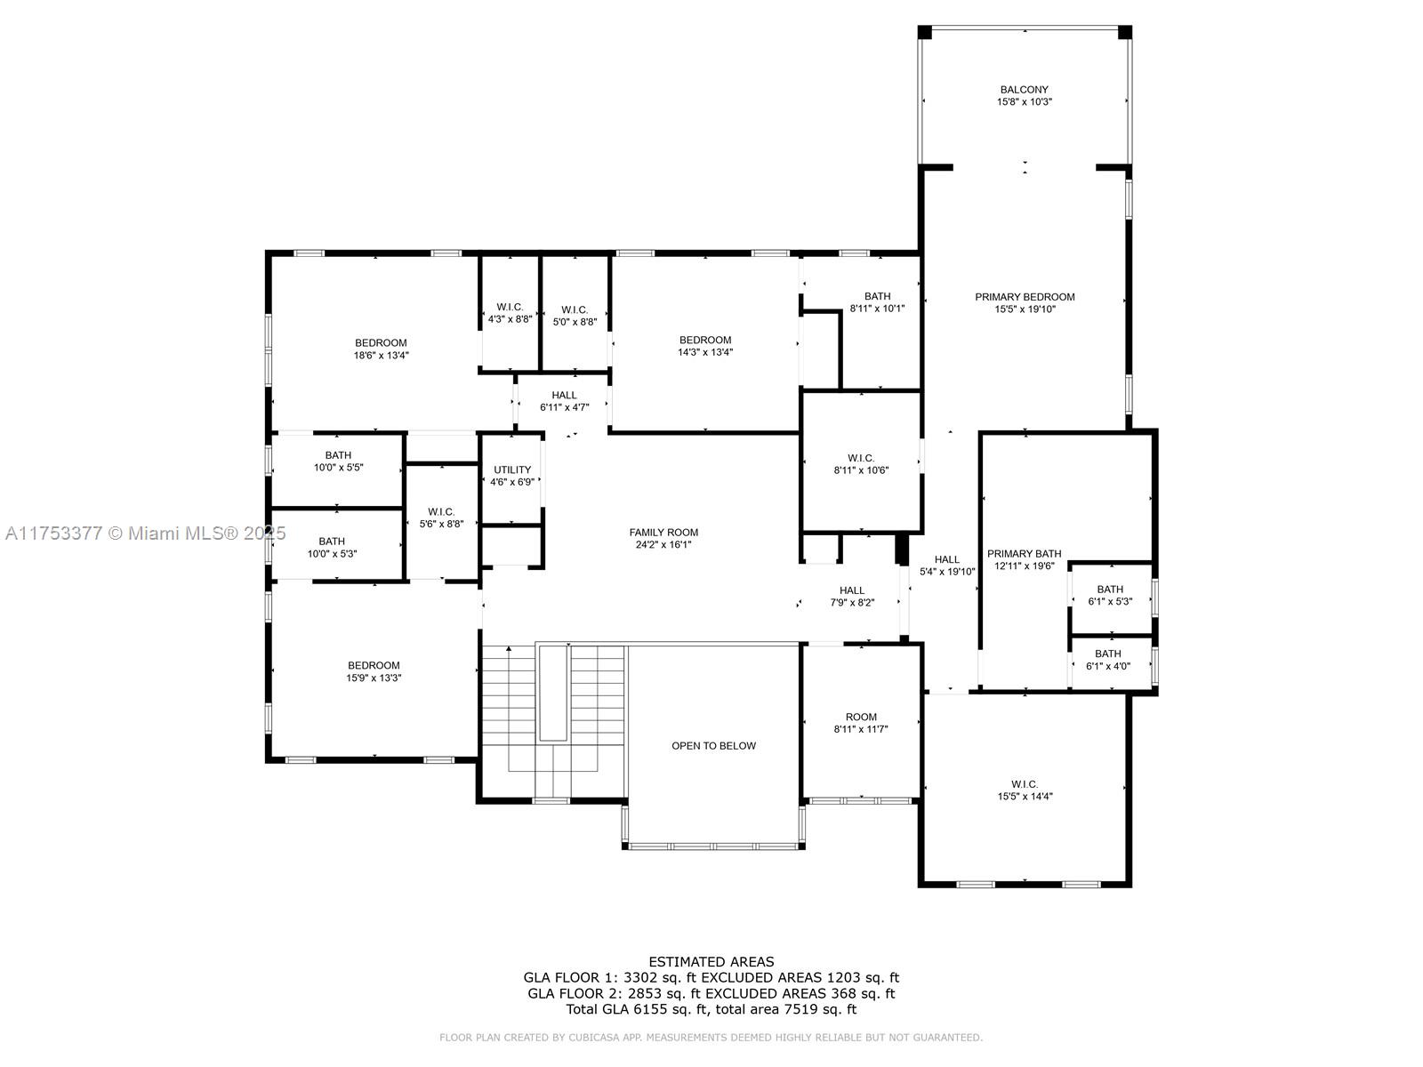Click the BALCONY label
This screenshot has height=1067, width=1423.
point(1024,90)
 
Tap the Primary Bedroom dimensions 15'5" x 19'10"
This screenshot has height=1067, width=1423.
point(1025,309)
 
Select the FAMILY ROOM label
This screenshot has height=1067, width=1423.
point(663,533)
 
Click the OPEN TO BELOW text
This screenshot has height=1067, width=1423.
point(713,746)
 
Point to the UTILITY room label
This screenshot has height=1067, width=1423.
point(512,470)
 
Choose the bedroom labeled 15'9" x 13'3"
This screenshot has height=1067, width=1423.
point(374,671)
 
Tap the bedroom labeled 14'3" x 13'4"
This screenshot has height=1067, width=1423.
point(705,346)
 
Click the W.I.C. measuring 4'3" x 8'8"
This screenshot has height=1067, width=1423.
point(510,313)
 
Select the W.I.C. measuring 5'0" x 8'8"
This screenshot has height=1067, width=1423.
point(575,316)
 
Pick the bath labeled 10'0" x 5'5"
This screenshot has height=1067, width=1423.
point(338,461)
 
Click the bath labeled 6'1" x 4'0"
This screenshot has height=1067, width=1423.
point(1108,660)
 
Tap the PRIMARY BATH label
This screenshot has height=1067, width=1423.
point(1024,554)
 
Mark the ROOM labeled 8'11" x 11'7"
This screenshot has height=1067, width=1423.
point(861,723)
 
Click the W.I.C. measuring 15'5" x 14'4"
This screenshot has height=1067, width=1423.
point(1025,790)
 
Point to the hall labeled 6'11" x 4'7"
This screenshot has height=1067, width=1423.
point(564,401)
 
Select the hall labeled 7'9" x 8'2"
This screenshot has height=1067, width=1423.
point(851,596)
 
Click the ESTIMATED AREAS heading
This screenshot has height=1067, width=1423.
point(711,961)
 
